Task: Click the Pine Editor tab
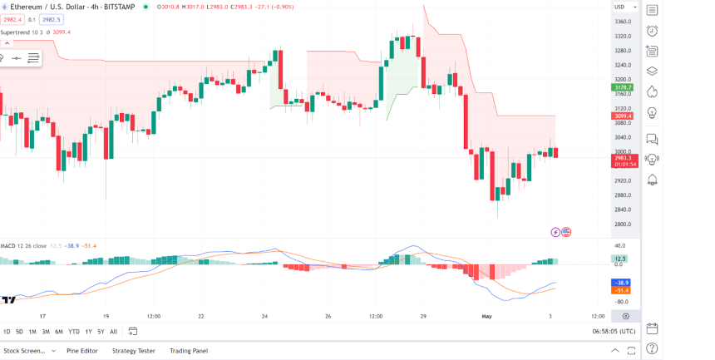82,351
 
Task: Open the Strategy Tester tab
134,351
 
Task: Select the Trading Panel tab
189,351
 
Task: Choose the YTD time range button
74,332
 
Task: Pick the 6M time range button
59,332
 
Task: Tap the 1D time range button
7,332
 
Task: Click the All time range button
113,332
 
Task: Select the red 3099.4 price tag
623,116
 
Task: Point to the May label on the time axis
488,316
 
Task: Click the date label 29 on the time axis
423,316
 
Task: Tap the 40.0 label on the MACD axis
620,246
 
